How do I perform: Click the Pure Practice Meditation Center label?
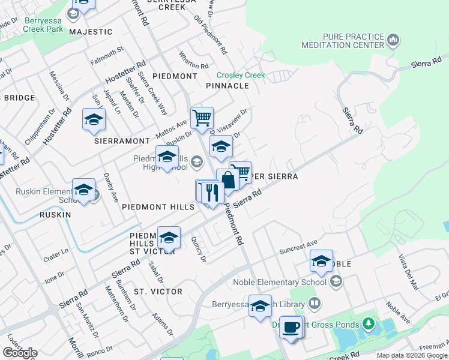(353, 41)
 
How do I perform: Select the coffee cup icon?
(292, 328)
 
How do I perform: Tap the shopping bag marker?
(228, 180)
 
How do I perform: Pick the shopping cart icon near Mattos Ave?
(202, 118)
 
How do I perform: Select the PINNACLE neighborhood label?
(227, 86)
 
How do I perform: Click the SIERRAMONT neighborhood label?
(122, 140)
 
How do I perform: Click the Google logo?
(20, 353)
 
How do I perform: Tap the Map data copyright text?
(411, 355)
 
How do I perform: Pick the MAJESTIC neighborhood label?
(91, 31)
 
